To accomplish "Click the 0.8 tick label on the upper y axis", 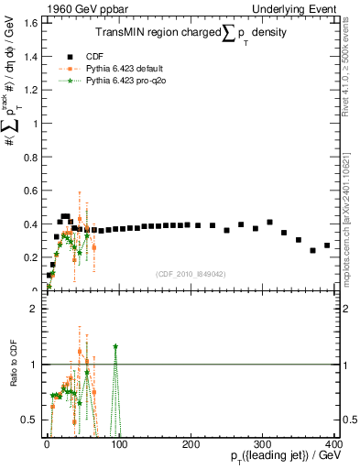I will click(31, 157).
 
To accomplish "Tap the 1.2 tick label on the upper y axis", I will click(31, 90).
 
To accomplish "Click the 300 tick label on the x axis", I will click(264, 444).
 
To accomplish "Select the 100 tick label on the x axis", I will click(119, 444).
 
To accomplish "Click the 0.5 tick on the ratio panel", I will click(31, 420).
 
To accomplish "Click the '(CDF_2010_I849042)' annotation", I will click(191, 272).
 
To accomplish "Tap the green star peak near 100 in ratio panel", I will click(115, 346).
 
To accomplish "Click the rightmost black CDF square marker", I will click(327, 245).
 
